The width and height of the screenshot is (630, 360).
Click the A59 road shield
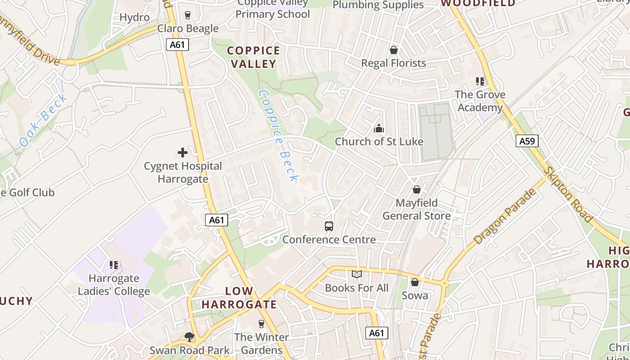tap(527, 141)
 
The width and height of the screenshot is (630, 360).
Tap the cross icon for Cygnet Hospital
tap(183, 153)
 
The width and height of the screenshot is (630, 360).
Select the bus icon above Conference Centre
tap(329, 226)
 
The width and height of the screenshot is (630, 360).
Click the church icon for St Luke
tap(379, 129)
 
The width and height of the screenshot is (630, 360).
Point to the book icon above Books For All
tap(356, 274)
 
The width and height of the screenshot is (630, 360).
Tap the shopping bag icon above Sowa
tap(415, 282)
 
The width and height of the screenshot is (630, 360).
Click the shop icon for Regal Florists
tap(394, 50)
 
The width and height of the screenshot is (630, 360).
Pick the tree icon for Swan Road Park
tap(189, 337)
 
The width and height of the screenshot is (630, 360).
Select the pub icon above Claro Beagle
tap(188, 15)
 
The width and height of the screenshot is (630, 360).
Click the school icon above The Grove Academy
tap(480, 81)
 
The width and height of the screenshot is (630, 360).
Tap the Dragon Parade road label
tap(505, 217)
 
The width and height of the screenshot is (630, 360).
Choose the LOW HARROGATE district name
tap(239, 297)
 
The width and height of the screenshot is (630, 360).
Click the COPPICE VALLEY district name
tap(254, 57)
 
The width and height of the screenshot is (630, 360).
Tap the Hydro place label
tap(135, 18)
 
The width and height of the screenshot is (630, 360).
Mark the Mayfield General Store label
tap(417, 209)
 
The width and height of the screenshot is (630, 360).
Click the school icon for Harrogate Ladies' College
tap(114, 265)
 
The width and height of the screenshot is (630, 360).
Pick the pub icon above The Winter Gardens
tap(261, 324)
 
